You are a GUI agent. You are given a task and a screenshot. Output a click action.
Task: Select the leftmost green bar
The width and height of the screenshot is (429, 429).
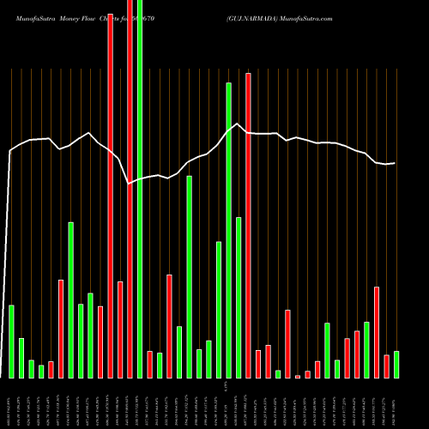(11, 341)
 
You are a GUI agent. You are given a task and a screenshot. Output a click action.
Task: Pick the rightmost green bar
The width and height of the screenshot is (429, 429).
(396, 365)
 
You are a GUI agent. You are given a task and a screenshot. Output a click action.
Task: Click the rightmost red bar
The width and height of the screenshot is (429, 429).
(387, 366)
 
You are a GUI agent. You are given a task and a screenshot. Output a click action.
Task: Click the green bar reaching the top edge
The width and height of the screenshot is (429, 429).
(140, 189)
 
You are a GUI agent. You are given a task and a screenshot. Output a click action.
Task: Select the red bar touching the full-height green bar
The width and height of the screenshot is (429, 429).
(130, 189)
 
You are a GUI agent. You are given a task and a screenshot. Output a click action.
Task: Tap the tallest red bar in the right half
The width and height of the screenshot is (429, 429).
(248, 225)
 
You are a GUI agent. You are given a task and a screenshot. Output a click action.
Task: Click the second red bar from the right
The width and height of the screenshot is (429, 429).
(377, 332)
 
